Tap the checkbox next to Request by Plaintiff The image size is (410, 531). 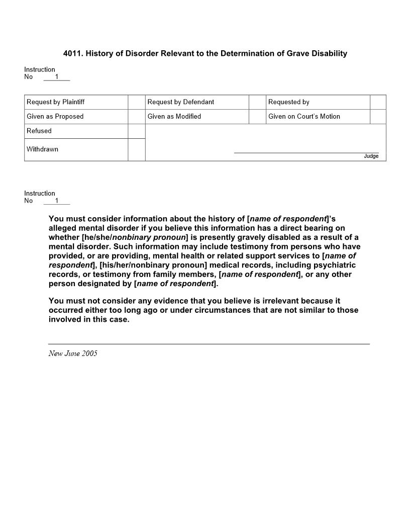tap(136, 102)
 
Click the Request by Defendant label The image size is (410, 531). tap(180, 102)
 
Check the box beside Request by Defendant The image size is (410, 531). tap(257, 102)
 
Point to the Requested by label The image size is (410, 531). tap(288, 102)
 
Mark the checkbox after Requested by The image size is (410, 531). tap(378, 102)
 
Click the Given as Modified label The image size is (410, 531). tap(174, 117)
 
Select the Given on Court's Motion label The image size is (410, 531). tap(304, 117)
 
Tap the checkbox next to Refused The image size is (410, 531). tap(136, 131)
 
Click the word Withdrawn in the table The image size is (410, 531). tap(42, 149)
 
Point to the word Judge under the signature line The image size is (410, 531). tap(371, 156)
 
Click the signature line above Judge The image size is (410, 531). tap(306, 152)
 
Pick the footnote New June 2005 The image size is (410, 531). tap(73, 353)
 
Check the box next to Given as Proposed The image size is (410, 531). tap(136, 117)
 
